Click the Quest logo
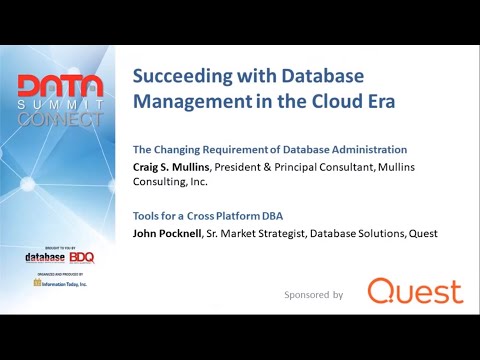pos(415,292)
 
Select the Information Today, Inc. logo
pos(60,283)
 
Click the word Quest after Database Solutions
pos(420,234)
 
